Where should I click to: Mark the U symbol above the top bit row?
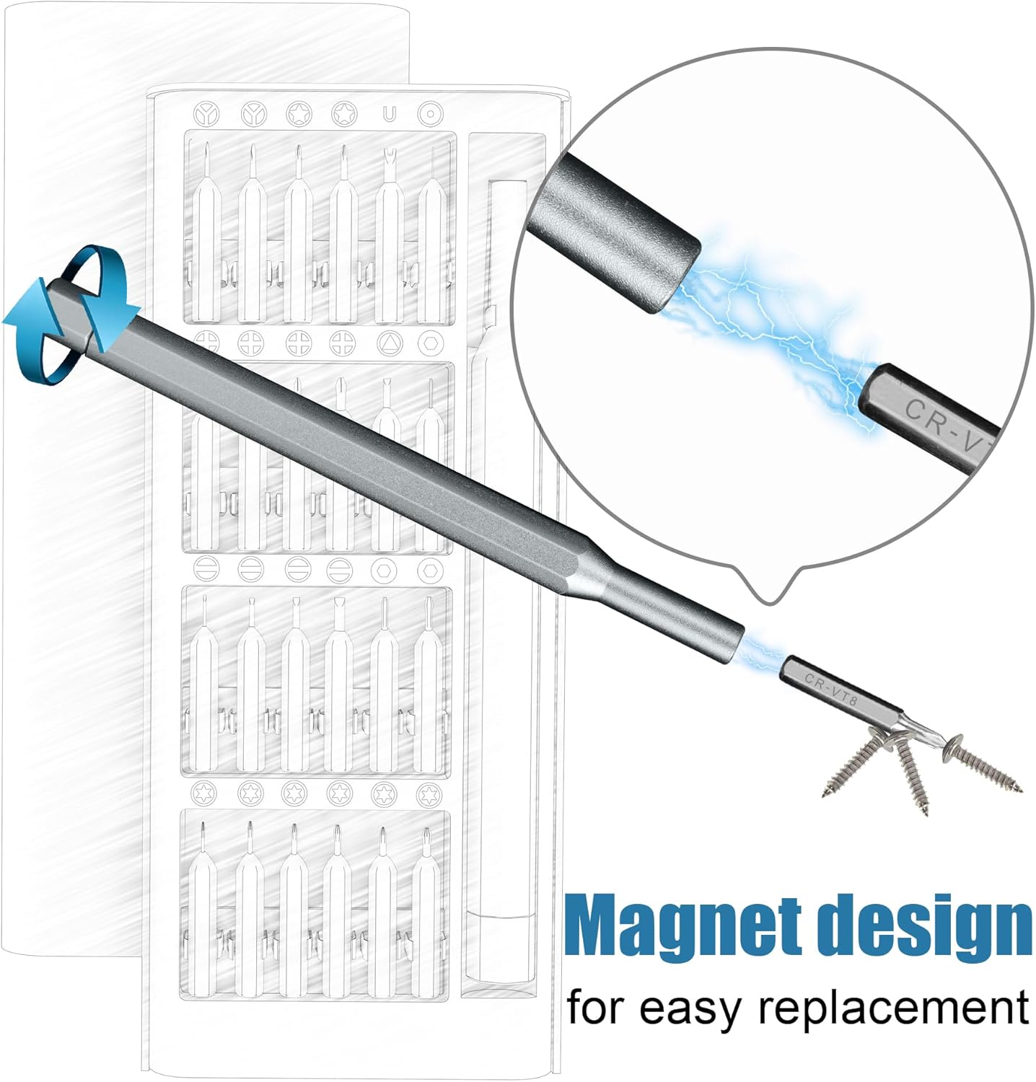(390, 114)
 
